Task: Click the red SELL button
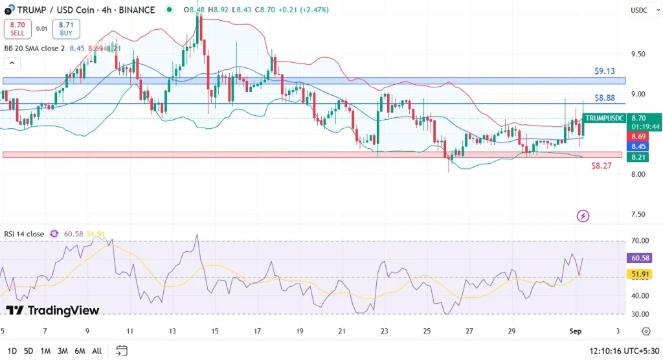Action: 16,28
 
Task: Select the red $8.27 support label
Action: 601,166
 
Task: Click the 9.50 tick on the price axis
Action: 638,54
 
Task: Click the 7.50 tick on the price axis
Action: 638,214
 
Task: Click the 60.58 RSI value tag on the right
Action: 639,258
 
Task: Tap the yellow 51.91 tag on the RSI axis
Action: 639,275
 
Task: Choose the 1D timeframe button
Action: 11,351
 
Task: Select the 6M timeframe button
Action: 80,351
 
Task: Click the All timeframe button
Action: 96,351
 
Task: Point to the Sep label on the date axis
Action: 576,331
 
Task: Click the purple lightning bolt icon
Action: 583,216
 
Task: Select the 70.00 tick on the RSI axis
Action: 638,241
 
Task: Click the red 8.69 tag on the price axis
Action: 638,137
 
